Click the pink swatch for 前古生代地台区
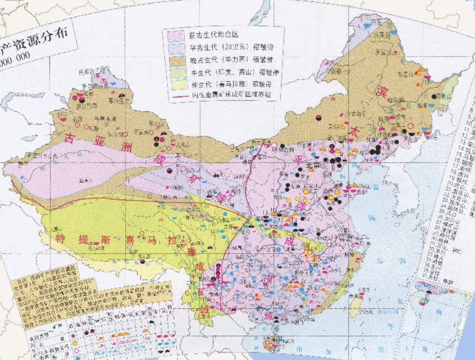[x=175, y=36]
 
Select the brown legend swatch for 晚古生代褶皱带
[x=175, y=63]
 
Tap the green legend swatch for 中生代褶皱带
[x=175, y=77]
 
